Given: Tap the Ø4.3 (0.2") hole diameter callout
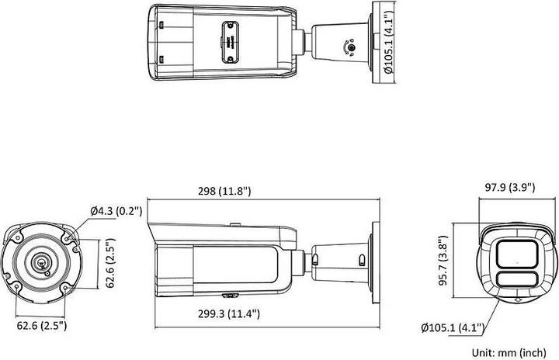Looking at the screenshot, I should coord(116,211).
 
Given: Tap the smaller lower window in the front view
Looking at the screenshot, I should coord(514,282).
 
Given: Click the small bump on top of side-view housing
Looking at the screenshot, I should coord(233,226).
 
